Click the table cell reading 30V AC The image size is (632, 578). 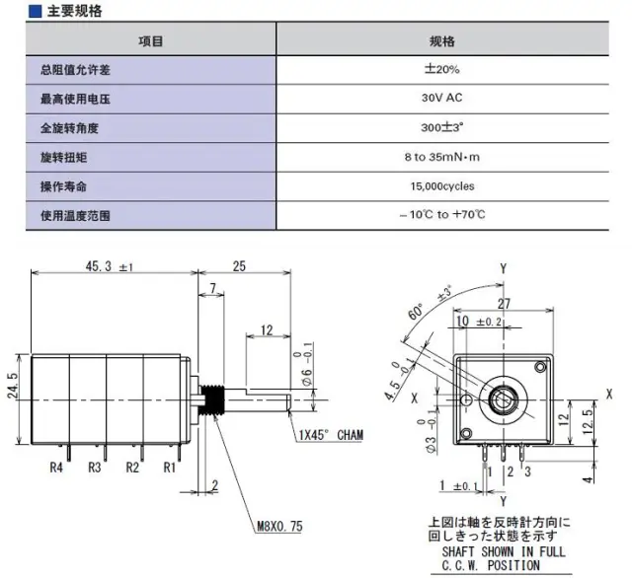(x=441, y=99)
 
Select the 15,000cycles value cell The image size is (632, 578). (x=441, y=185)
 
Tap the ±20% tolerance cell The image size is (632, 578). (x=441, y=70)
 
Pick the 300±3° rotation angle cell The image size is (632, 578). (x=441, y=128)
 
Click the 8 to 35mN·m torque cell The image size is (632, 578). (x=441, y=157)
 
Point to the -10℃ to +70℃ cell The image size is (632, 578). (x=441, y=214)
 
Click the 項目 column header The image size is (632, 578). (x=151, y=41)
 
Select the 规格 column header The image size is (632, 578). (x=441, y=41)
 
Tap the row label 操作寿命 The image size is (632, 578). (x=70, y=185)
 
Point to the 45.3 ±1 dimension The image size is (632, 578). (x=109, y=267)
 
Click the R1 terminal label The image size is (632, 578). (x=169, y=467)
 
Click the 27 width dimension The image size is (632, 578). (x=503, y=304)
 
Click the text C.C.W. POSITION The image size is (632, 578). (x=490, y=566)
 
